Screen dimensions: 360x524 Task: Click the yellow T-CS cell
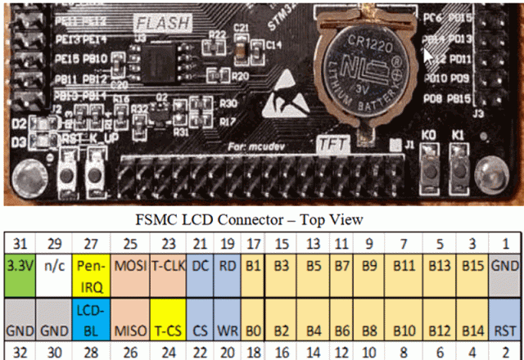tap(168, 330)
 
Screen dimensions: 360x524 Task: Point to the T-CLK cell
tap(168, 267)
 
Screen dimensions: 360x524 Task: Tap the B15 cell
tap(472, 267)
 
